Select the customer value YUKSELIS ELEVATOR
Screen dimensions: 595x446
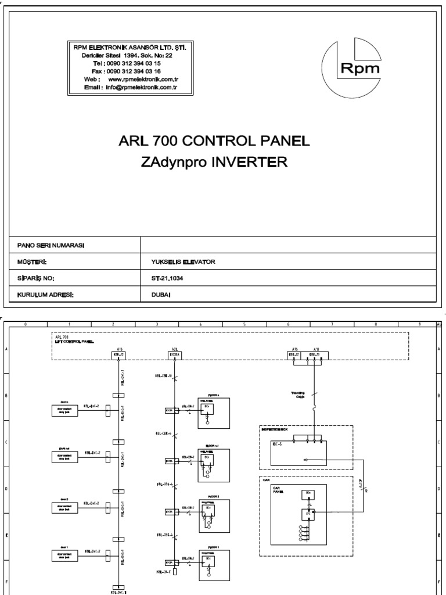coord(183,262)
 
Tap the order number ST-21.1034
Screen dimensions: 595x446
coord(167,278)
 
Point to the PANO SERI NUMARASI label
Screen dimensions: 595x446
coord(51,246)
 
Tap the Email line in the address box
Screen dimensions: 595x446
coord(130,87)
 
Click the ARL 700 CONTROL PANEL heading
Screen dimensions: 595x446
coord(214,141)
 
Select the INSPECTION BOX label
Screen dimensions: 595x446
coord(275,430)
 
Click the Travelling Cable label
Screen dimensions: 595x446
coord(298,395)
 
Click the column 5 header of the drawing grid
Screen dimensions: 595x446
coord(244,325)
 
